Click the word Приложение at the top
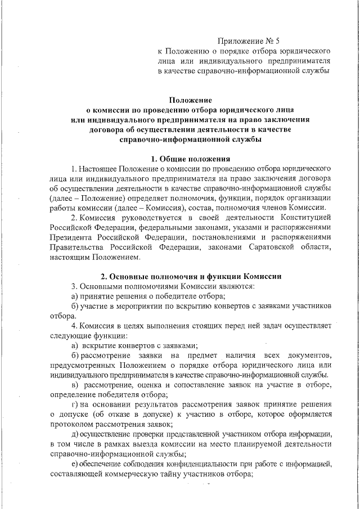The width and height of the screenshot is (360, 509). coord(241,41)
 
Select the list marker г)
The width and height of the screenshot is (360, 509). coord(74,405)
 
